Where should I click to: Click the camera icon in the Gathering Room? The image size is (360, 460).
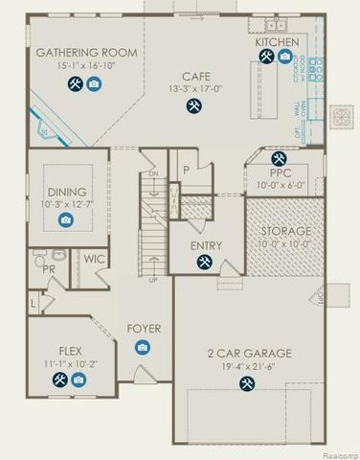pyautogui.click(x=94, y=84)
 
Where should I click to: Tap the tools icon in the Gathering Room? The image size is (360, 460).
pyautogui.click(x=74, y=84)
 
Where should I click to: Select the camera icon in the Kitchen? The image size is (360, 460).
pyautogui.click(x=284, y=57)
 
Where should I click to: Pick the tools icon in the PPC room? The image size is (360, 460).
pyautogui.click(x=279, y=158)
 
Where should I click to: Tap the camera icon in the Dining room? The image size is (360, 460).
pyautogui.click(x=66, y=219)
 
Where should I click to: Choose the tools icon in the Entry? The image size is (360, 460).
pyautogui.click(x=205, y=265)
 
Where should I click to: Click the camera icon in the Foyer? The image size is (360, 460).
pyautogui.click(x=143, y=347)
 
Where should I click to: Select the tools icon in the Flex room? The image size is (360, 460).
pyautogui.click(x=59, y=380)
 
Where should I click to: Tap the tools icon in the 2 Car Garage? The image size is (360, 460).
pyautogui.click(x=243, y=384)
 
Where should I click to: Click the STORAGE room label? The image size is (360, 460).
pyautogui.click(x=284, y=232)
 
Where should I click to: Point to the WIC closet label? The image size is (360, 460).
pyautogui.click(x=94, y=259)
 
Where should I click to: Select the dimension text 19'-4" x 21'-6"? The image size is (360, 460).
pyautogui.click(x=243, y=366)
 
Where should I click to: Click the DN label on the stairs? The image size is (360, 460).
pyautogui.click(x=150, y=173)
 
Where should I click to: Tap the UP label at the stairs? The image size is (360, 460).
pyautogui.click(x=154, y=280)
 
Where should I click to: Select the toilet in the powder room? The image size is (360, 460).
pyautogui.click(x=38, y=259)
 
